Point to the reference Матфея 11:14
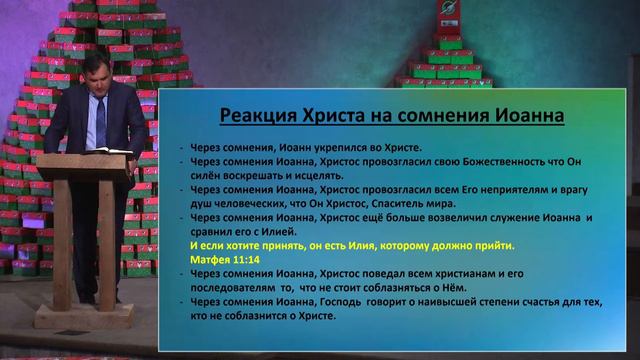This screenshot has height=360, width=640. point(221,256)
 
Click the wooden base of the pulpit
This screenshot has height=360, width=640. point(84,314)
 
